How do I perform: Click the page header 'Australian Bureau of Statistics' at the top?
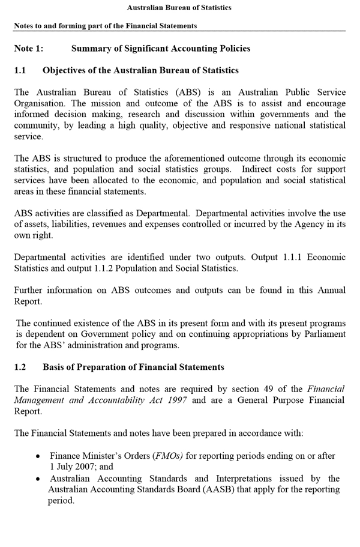(179, 8)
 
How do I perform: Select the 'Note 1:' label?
(29, 49)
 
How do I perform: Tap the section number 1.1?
(20, 70)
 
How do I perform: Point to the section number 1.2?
(20, 367)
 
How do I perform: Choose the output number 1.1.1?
(295, 257)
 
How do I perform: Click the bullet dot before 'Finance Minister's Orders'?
(38, 456)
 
